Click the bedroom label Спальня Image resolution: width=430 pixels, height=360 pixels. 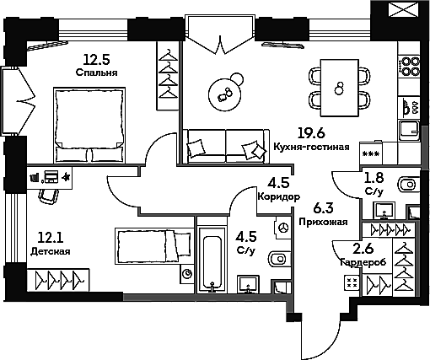[96, 73]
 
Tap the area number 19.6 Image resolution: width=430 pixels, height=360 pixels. [311, 133]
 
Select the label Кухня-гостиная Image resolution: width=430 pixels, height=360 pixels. [311, 147]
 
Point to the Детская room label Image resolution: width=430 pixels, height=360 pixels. [51, 251]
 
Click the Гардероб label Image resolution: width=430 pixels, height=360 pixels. [363, 262]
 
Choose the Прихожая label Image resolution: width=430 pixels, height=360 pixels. [323, 223]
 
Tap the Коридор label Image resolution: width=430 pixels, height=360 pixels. [278, 196]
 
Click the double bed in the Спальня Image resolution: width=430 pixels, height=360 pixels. [89, 125]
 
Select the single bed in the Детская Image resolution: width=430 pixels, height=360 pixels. [154, 245]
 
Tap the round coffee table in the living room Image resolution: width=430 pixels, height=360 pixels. [225, 94]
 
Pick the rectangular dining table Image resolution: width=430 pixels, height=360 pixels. [340, 88]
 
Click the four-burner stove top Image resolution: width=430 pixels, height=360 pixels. [409, 66]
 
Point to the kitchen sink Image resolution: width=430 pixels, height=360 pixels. [409, 131]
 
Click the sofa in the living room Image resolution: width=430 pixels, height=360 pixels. [226, 146]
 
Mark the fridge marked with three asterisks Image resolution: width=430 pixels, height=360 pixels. [371, 153]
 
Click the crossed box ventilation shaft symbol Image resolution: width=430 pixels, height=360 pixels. [403, 9]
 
